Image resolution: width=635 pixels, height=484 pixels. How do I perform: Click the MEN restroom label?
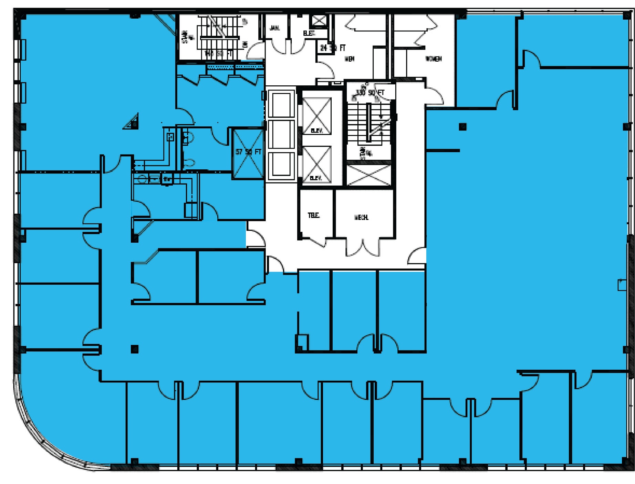[x=349, y=59]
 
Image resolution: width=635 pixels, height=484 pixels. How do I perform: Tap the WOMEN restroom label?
[x=433, y=59]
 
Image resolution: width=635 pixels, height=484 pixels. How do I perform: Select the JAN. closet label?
[x=274, y=28]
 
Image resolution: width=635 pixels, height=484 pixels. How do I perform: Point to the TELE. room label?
[x=313, y=215]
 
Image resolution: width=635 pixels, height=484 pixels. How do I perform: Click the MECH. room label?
[x=361, y=218]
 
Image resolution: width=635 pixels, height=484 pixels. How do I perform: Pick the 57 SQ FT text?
[x=248, y=152]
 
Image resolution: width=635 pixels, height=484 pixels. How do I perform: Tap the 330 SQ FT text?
[x=370, y=93]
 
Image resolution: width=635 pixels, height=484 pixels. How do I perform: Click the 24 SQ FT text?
[x=332, y=48]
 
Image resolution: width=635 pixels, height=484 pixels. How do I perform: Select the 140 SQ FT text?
[x=219, y=54]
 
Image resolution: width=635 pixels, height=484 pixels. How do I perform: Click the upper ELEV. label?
[x=316, y=130]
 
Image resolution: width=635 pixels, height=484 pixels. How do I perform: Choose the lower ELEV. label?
[x=315, y=178]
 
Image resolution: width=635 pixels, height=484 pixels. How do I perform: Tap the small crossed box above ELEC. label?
[x=319, y=20]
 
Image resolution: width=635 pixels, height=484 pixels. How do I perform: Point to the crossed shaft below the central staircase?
[x=368, y=175]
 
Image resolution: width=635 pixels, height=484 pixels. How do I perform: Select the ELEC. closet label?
[x=309, y=33]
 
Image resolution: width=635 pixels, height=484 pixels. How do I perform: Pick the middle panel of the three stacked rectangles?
[x=281, y=135]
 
